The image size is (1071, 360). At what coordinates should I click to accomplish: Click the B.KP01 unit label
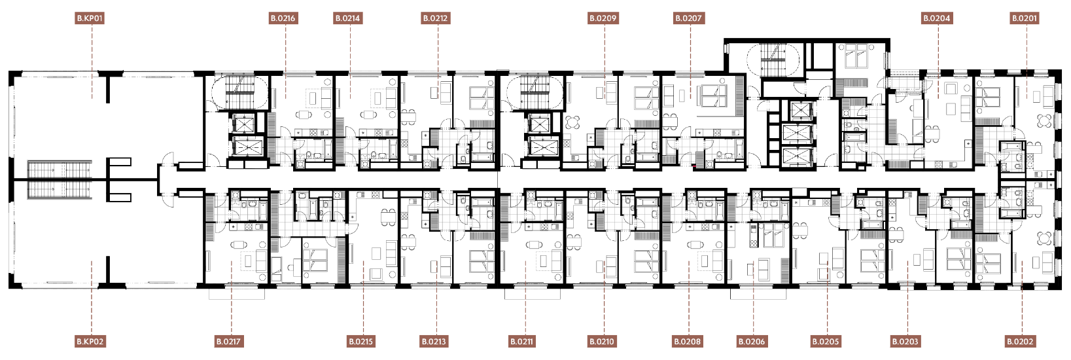(90, 18)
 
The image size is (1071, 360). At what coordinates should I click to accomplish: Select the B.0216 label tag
(283, 18)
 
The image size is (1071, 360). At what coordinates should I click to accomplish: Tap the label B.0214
(347, 18)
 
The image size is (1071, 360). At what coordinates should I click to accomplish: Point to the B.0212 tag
(436, 18)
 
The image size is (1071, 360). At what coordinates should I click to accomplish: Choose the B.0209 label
(603, 18)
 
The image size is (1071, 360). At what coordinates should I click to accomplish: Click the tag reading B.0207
(688, 18)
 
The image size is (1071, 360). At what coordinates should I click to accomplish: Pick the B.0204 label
(937, 18)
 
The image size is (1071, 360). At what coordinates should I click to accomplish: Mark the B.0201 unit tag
(1025, 18)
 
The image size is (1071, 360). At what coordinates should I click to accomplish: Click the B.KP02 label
(90, 342)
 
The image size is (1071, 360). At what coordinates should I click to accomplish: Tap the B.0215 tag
(361, 342)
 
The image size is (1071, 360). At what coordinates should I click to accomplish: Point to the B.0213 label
(434, 342)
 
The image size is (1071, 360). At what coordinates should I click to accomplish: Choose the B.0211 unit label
(521, 342)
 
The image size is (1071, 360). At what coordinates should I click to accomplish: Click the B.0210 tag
(602, 342)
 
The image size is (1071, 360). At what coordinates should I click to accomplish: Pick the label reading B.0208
(688, 342)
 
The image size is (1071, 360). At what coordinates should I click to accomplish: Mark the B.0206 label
(752, 342)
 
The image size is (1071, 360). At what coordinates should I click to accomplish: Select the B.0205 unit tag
(826, 342)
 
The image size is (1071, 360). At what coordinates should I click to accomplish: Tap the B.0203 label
(905, 342)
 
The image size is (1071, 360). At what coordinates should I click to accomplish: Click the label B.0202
(1021, 342)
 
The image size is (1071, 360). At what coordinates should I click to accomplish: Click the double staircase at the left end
(60, 180)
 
